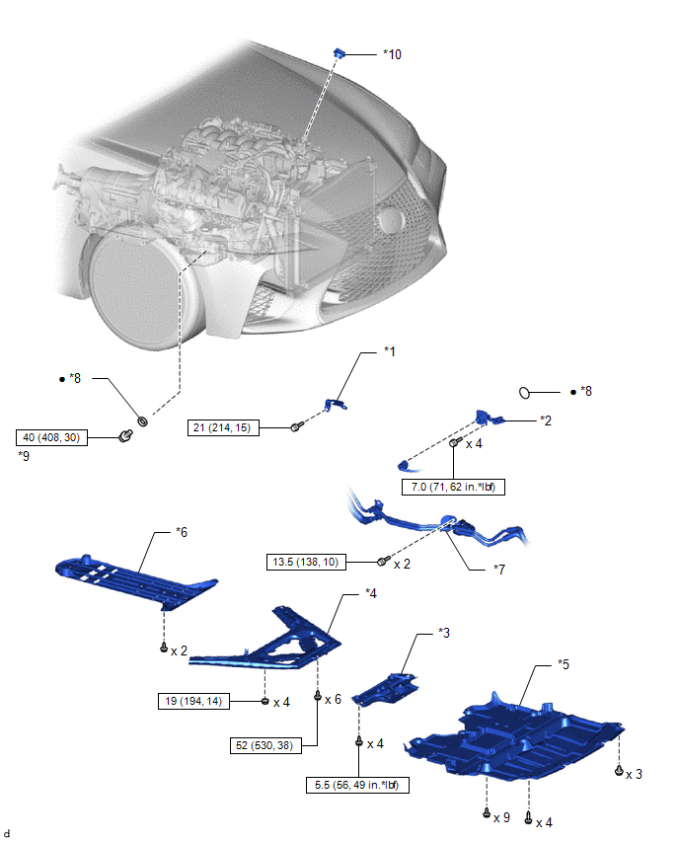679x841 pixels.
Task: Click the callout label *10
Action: [392, 54]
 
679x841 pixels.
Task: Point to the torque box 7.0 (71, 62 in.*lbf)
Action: [453, 487]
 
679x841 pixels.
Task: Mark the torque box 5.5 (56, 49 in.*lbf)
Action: [357, 785]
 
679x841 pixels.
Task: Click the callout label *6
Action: [182, 532]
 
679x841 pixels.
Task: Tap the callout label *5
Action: [564, 664]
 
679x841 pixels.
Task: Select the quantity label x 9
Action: [502, 818]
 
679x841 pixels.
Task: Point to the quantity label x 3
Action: [634, 775]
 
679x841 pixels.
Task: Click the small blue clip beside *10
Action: [339, 52]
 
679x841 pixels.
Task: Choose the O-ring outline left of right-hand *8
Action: [524, 393]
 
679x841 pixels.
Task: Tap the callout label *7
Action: [499, 570]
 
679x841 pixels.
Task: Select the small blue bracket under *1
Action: [337, 405]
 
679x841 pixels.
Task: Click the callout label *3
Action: [444, 633]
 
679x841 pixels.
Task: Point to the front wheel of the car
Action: [137, 288]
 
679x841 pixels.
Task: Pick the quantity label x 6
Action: [333, 700]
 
